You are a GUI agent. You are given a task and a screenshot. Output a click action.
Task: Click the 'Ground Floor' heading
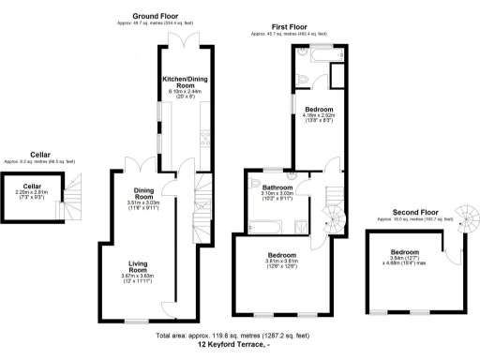(x=157, y=16)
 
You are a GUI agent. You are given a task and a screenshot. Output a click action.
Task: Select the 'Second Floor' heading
(x=414, y=212)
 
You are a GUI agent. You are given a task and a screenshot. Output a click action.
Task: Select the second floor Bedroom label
(x=404, y=251)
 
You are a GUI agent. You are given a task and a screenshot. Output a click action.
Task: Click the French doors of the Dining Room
(x=144, y=164)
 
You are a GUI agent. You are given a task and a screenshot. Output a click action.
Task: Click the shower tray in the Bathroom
(x=299, y=224)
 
